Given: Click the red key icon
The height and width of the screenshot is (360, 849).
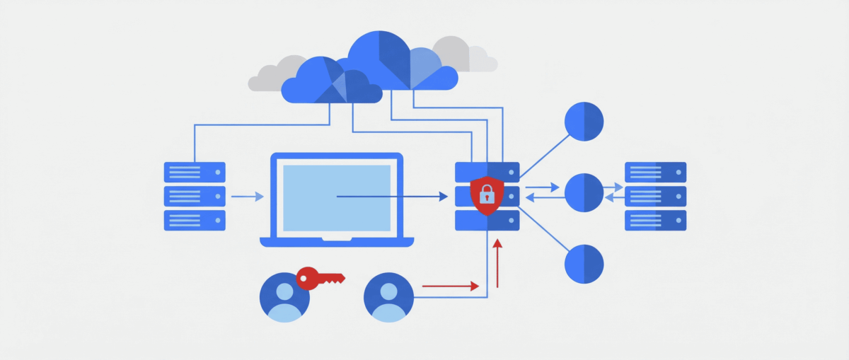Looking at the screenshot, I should point(318,277).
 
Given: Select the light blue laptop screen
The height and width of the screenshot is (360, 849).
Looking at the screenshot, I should point(337,197).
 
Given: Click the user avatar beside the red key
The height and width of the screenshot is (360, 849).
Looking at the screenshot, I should point(284,296).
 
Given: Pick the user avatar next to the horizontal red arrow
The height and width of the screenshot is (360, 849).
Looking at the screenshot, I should point(388,296).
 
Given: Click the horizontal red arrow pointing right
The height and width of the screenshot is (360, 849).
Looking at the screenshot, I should point(450,286).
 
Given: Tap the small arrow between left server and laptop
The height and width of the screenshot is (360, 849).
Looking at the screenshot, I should point(247,197).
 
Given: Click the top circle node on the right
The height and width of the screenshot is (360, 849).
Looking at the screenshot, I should point(584,122).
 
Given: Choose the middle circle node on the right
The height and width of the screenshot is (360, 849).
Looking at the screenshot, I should point(584,191).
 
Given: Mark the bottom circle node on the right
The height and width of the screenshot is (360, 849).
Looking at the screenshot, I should point(584,264).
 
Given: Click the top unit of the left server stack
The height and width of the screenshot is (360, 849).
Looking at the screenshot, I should point(195,173).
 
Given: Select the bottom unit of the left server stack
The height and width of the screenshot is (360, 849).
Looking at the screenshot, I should point(195,220).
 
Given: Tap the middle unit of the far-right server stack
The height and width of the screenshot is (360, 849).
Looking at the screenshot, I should point(655,196).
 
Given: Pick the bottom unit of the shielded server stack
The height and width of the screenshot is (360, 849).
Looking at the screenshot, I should point(487,221).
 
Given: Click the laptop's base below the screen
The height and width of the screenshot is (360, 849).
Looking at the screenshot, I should point(337,242).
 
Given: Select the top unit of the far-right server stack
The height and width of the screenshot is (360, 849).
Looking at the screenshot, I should point(655,173).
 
